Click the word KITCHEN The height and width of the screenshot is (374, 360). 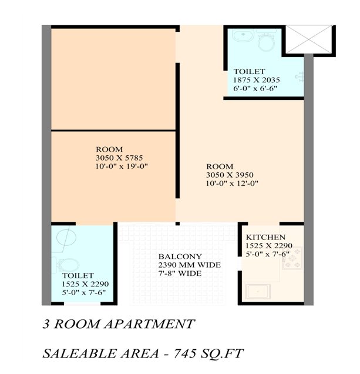point(265,238)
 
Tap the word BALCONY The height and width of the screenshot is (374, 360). point(180,256)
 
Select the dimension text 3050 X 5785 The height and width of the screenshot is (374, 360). point(119,158)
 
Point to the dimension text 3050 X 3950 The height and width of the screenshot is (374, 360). point(230,175)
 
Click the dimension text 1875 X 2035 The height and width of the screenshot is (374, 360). point(257,80)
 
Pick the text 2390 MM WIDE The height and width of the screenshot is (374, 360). point(190,265)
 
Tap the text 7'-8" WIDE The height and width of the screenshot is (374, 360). point(180,273)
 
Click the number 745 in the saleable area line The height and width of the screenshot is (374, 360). point(184,353)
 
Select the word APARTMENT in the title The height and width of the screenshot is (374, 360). point(150,324)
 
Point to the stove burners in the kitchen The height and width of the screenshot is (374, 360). point(292,259)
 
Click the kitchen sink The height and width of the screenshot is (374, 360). point(258,292)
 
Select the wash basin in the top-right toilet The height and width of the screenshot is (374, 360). point(244,36)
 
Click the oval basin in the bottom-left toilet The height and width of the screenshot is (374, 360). point(66,238)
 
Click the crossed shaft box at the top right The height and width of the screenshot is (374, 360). point(309,39)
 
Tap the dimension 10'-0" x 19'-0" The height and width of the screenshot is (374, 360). point(122,166)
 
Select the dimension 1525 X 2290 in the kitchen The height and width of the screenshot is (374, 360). point(269,246)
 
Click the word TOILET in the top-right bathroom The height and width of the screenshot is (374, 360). point(249,72)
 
